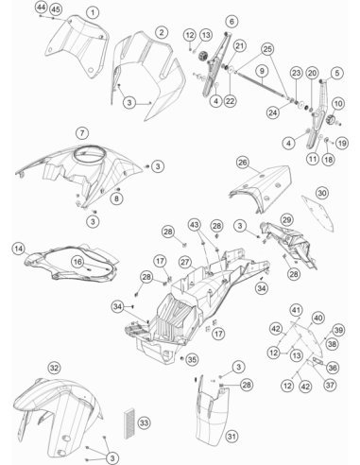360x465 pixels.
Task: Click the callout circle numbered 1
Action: (x=93, y=13)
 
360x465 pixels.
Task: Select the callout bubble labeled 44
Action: (x=41, y=7)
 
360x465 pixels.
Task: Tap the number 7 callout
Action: (x=82, y=132)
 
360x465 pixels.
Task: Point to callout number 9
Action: (x=262, y=71)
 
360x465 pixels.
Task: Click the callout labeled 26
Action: (x=243, y=163)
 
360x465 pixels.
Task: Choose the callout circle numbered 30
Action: (x=322, y=193)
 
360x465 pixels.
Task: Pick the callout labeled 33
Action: (x=144, y=422)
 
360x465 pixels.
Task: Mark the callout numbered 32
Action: (x=54, y=368)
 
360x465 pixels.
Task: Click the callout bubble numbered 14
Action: (x=19, y=249)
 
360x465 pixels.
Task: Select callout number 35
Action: (x=192, y=359)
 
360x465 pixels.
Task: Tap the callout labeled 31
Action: (x=231, y=437)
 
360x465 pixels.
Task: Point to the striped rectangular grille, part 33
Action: (x=129, y=423)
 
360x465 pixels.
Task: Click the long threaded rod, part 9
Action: (x=261, y=85)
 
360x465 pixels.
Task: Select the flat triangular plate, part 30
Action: (x=317, y=213)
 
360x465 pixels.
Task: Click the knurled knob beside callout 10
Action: (x=330, y=120)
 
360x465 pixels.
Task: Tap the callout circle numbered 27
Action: (x=185, y=262)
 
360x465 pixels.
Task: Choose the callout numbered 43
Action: (x=195, y=225)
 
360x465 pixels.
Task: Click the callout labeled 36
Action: (x=333, y=368)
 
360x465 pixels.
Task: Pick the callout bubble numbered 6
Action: (x=232, y=22)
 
